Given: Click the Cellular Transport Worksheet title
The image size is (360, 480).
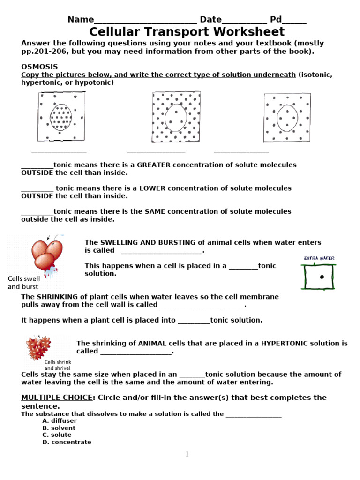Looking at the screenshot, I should click(187, 32).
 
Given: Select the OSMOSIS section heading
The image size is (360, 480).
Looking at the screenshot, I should click(39, 67).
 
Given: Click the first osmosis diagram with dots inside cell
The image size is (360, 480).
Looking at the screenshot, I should click(61, 116).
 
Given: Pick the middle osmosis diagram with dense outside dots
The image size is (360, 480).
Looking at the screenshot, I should click(176, 116).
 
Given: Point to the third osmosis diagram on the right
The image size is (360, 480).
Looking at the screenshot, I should click(286, 117).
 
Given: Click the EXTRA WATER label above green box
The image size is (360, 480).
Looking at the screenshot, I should click(319, 258).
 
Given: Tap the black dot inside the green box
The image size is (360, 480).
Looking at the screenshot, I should click(322, 277).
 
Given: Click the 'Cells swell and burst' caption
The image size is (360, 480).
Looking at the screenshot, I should click(24, 282).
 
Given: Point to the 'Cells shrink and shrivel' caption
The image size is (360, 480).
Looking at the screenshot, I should click(57, 365).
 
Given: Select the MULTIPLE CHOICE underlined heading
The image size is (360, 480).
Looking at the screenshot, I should click(56, 397).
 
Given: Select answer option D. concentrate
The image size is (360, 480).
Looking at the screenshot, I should click(67, 442).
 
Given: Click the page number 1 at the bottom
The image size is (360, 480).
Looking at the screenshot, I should click(187, 454).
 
